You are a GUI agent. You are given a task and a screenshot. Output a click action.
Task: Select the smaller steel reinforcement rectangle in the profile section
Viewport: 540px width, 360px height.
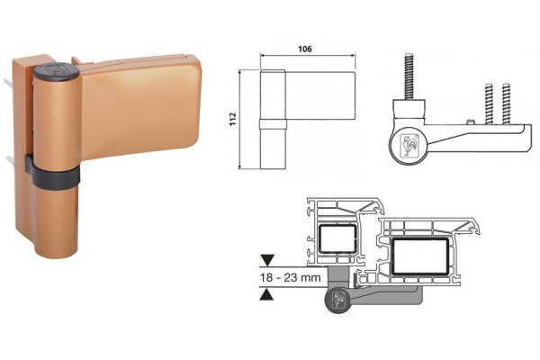(339, 240)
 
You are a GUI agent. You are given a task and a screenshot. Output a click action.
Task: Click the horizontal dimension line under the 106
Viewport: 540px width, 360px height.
(307, 59)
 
